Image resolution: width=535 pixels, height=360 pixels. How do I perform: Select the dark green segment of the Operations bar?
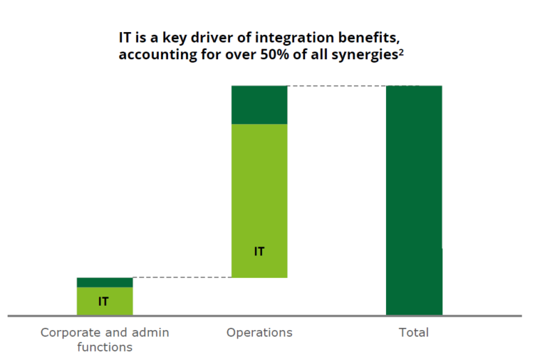[x=259, y=104]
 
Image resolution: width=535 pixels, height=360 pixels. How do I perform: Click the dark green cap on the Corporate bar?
[x=104, y=282]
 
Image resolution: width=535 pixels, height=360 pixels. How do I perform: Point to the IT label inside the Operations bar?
[x=259, y=251]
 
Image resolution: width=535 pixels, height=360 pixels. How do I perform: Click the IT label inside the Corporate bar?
[x=103, y=302]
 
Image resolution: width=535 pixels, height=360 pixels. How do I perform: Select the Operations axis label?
[x=259, y=332]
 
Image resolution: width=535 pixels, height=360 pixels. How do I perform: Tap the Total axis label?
[x=414, y=332]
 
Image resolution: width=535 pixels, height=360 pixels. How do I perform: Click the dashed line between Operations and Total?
[x=336, y=86]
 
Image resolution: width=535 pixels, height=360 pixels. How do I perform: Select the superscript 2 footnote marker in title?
[x=401, y=52]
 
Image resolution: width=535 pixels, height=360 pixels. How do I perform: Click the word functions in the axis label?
[x=104, y=347]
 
